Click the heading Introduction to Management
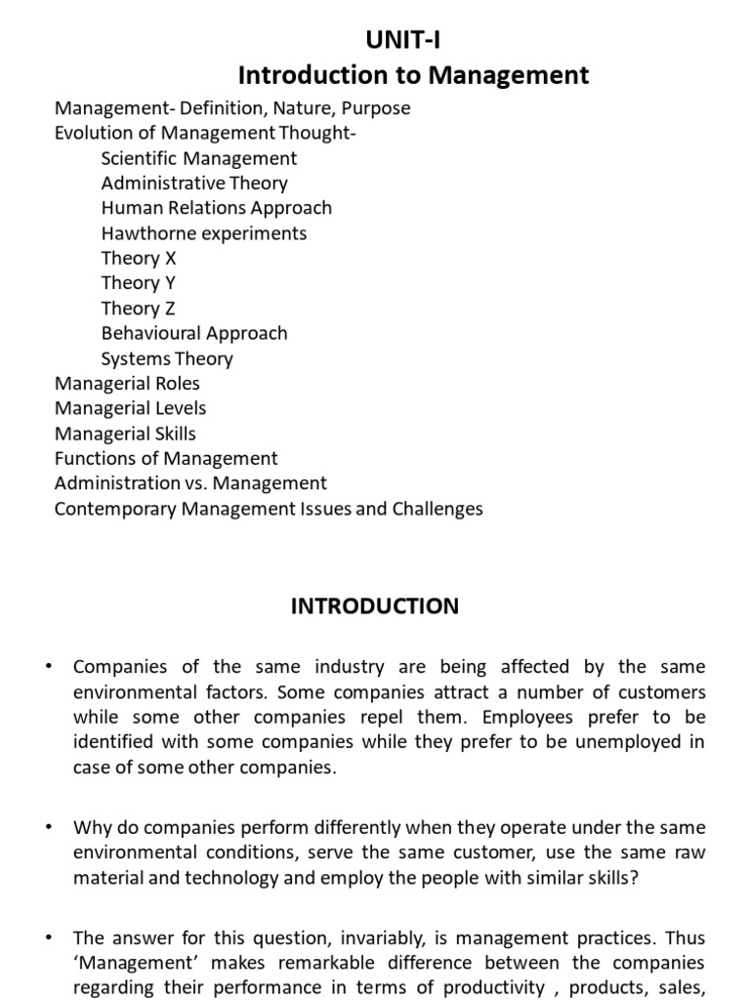click(414, 74)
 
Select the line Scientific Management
click(199, 158)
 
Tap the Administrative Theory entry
click(194, 183)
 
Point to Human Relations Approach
click(216, 208)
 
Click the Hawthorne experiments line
click(203, 233)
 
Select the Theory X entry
click(138, 258)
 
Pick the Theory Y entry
click(138, 283)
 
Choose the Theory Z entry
click(138, 309)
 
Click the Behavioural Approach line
click(194, 333)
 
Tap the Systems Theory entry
click(167, 358)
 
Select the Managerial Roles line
click(127, 384)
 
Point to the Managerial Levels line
click(130, 408)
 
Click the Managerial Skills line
click(125, 434)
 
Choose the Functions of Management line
click(166, 458)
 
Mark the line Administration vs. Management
click(190, 483)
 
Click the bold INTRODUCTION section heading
click(374, 606)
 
